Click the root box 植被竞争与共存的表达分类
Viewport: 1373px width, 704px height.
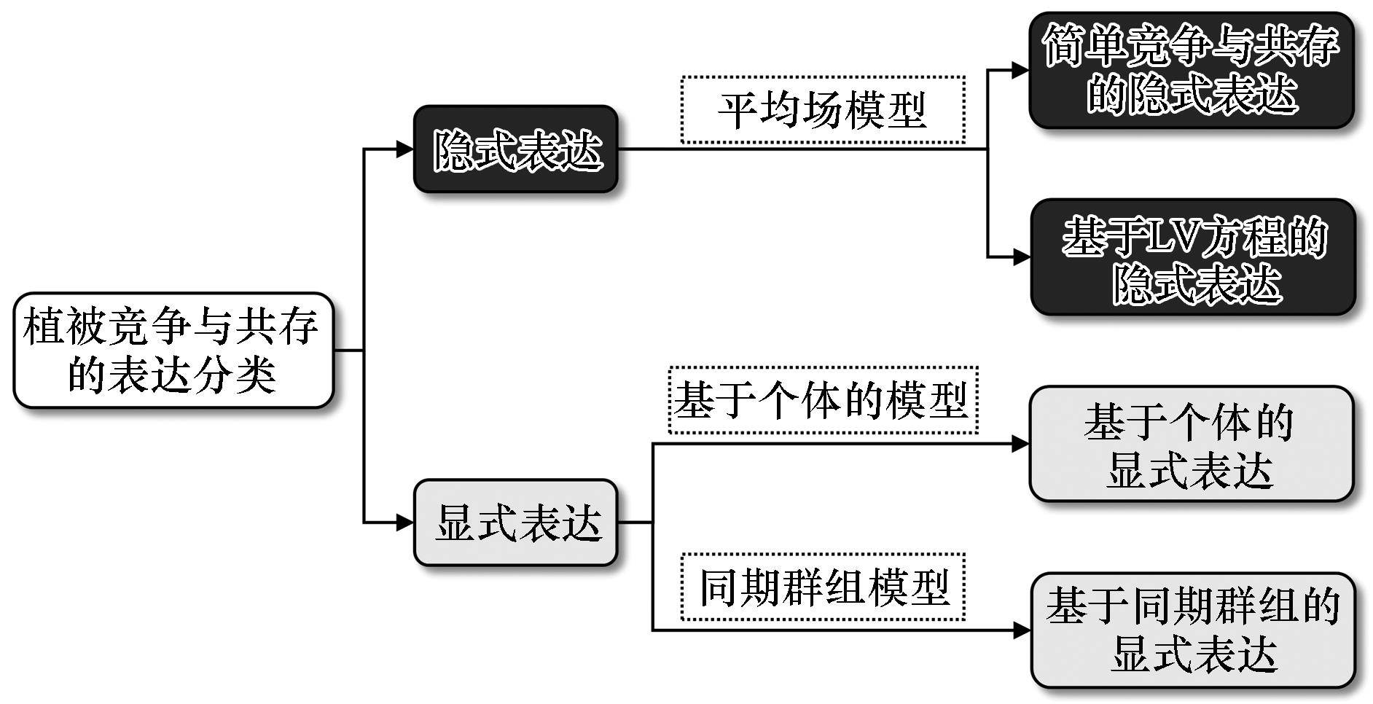pos(173,351)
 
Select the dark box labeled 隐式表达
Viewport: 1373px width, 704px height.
pos(516,149)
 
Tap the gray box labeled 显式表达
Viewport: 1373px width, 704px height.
pos(516,523)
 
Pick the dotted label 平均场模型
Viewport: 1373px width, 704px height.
pos(823,110)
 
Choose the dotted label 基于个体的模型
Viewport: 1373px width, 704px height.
pos(823,400)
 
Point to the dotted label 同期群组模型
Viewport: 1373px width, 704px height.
pos(823,587)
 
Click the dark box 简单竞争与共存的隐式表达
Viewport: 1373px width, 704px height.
pos(1191,70)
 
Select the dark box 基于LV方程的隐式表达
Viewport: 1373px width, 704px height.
pos(1193,257)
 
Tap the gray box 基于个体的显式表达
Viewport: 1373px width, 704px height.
pos(1191,444)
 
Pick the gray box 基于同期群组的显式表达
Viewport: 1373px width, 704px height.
pos(1193,630)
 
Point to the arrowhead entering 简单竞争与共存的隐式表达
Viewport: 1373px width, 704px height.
pos(1020,71)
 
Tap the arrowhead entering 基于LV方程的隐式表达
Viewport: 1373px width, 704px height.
pos(1021,257)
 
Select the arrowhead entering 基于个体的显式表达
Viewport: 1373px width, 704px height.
pos(1020,444)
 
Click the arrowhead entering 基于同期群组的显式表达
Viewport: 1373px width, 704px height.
pos(1022,630)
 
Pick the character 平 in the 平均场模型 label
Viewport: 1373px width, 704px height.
pos(738,111)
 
